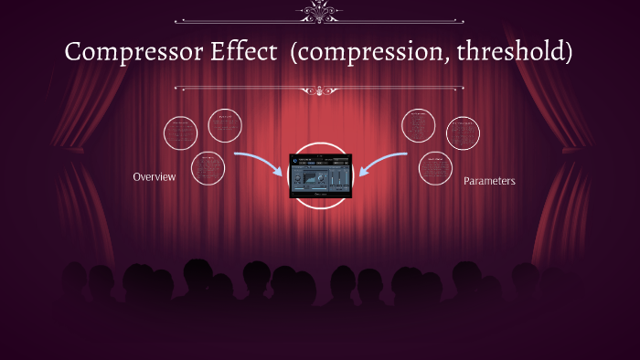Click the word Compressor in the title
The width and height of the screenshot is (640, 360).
[123, 51]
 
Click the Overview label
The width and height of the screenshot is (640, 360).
[154, 176]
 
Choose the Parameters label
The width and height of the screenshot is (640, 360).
[489, 181]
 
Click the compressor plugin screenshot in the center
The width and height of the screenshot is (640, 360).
[320, 175]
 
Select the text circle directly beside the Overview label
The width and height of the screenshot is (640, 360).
[208, 168]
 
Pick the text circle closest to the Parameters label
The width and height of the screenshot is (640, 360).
[435, 168]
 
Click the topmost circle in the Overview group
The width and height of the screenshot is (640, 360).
[225, 125]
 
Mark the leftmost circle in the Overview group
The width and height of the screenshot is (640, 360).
[181, 133]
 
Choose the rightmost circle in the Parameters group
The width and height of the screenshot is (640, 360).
[463, 133]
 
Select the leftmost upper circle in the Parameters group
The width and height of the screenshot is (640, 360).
[419, 125]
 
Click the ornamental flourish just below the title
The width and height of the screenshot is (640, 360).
[319, 90]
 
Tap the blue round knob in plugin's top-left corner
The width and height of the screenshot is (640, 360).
[295, 161]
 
